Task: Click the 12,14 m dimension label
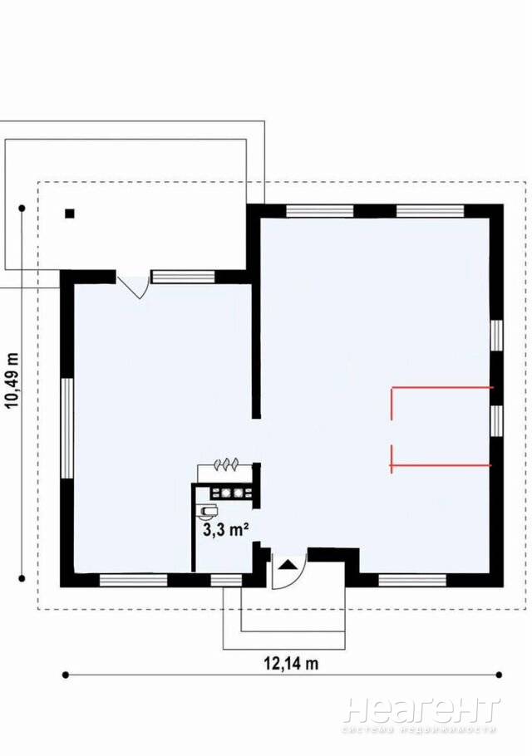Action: tap(291, 664)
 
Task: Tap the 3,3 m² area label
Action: tap(226, 530)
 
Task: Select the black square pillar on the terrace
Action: tap(71, 214)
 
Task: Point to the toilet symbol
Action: tap(208, 510)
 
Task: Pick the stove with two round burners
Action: tap(231, 493)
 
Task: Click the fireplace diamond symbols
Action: tap(226, 464)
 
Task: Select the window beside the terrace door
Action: tap(183, 277)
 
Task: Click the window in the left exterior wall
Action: tap(67, 428)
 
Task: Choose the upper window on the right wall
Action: tap(496, 336)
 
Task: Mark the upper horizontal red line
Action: tap(443, 387)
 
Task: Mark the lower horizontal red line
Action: tap(441, 465)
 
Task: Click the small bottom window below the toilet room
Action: tap(227, 580)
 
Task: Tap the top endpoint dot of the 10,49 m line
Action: tap(22, 209)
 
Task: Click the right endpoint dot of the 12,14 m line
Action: tap(500, 675)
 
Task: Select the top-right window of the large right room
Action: tap(430, 211)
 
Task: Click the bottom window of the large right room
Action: tap(412, 580)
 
